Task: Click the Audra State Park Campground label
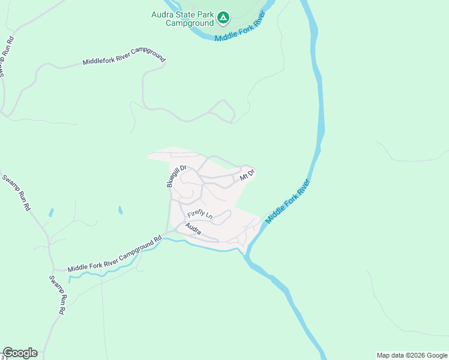182,19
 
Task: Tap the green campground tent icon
223,18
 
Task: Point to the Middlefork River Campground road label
124,61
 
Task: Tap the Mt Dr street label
247,175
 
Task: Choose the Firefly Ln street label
200,214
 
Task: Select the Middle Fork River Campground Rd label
115,254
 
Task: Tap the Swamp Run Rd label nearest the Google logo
57,295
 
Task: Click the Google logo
20,353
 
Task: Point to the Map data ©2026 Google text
412,355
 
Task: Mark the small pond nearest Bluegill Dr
121,210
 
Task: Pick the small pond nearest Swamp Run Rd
51,212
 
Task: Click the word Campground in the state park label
182,23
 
